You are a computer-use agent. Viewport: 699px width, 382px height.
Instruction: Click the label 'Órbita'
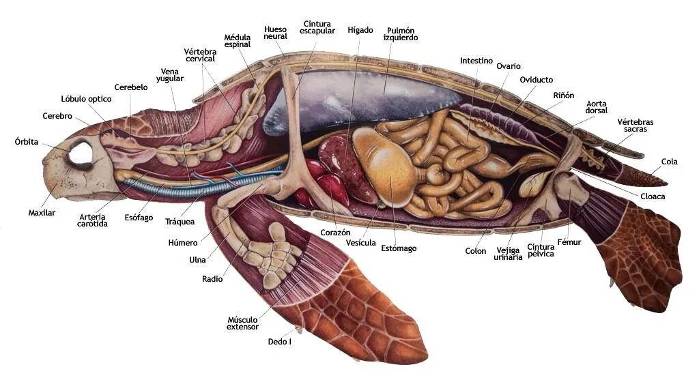pos(27,142)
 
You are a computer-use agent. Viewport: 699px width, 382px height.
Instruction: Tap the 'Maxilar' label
pos(42,213)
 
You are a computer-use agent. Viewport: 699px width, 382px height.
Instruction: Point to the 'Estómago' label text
pos(399,248)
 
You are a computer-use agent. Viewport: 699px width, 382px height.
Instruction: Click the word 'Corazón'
pos(335,233)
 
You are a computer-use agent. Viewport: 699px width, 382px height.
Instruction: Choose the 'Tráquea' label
pos(180,222)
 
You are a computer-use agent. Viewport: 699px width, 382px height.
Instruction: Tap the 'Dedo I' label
pos(279,342)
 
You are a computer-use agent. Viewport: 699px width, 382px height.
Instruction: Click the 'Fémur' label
pos(569,242)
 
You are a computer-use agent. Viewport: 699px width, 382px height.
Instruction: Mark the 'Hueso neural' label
pos(276,32)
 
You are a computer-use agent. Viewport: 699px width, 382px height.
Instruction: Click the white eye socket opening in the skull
pos(81,151)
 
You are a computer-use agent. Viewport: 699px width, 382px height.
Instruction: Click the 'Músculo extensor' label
pos(242,323)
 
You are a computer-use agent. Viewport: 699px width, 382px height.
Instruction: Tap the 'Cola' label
pos(670,162)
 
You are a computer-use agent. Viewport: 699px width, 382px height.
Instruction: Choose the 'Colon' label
pos(476,251)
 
